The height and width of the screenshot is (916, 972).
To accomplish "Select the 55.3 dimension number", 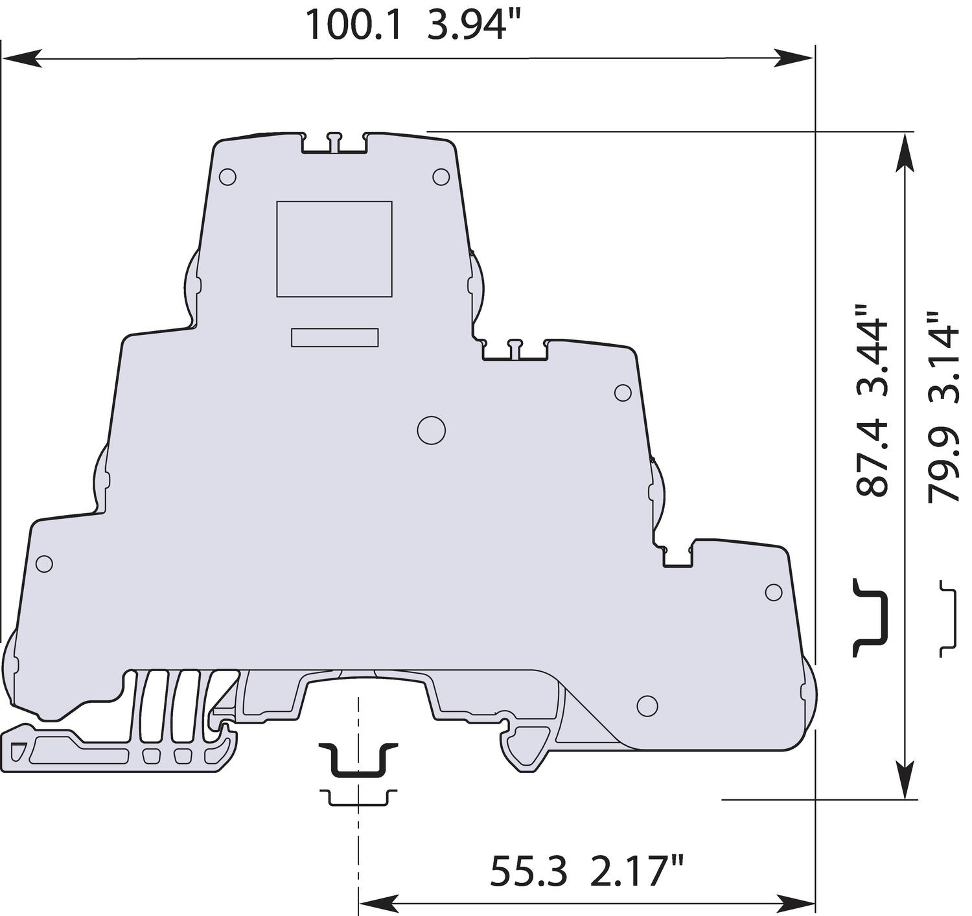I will point(527,871).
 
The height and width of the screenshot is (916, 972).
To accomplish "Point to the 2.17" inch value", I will point(637,871).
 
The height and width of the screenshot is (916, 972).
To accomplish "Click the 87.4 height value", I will point(872,457).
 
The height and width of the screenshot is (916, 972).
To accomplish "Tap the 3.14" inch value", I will point(943,357).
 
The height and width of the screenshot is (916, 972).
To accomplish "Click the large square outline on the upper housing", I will point(334,249).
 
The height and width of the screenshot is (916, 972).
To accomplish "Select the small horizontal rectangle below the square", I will point(334,338).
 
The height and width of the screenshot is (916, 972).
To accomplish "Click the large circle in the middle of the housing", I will point(431,430).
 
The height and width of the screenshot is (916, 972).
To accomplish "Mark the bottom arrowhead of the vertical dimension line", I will point(905,781).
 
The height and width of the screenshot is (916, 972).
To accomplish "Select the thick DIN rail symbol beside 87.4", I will point(870,617).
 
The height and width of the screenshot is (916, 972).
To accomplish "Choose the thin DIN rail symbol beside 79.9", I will point(948,617).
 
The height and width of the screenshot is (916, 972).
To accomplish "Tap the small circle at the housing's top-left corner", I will point(227,177).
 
